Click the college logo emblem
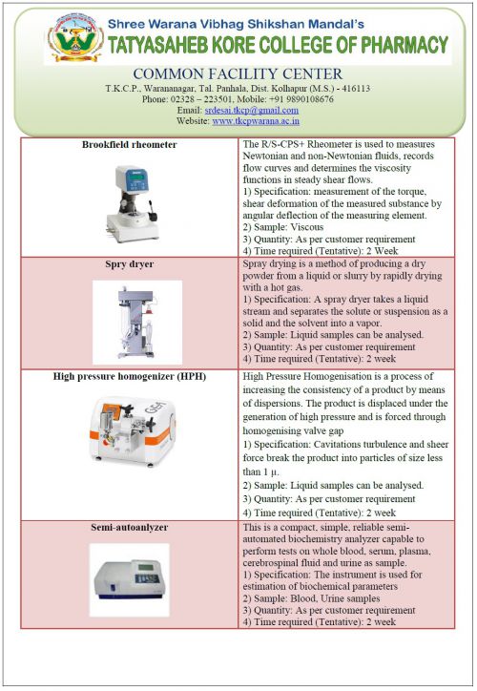[x=75, y=37]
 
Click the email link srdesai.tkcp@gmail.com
[x=252, y=110]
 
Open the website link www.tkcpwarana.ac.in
[x=256, y=121]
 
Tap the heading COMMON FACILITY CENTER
[x=238, y=73]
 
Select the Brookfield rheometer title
[x=129, y=144]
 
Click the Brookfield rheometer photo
[x=132, y=203]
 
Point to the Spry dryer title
[x=129, y=264]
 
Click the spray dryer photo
[x=137, y=323]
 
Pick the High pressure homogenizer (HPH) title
[x=130, y=376]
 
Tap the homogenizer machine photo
[x=132, y=429]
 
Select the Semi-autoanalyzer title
[x=129, y=527]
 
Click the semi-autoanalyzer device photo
[x=130, y=579]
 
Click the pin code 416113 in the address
[x=356, y=89]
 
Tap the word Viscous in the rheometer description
[x=307, y=227]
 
